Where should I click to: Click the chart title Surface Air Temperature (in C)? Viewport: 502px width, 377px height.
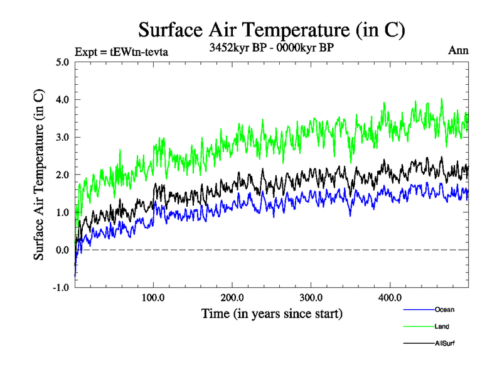(x=272, y=30)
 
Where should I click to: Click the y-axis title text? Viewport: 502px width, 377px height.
(x=39, y=175)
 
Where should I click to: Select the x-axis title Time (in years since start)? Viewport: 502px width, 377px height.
(x=272, y=313)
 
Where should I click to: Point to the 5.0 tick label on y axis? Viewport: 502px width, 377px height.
(x=62, y=62)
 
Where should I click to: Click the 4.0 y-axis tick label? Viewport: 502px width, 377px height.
(x=62, y=99)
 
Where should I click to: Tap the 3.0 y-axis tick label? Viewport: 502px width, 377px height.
(x=62, y=137)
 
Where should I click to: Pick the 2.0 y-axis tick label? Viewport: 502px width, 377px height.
(x=62, y=175)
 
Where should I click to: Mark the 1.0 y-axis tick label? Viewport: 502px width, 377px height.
(x=62, y=212)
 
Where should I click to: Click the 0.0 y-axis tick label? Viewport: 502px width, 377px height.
(x=62, y=250)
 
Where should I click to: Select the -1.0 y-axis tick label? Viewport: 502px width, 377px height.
(x=60, y=288)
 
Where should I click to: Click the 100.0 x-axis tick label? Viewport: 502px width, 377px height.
(x=153, y=297)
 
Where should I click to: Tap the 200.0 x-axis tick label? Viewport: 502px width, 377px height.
(x=232, y=297)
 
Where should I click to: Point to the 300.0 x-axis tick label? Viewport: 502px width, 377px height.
(x=311, y=297)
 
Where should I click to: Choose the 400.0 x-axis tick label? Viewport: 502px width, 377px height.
(x=390, y=297)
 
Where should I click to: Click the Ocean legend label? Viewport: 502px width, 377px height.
(x=444, y=309)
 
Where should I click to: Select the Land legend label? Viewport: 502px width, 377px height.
(x=442, y=326)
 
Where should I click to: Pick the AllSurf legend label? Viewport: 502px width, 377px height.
(x=444, y=343)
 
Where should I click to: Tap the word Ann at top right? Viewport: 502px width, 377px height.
(x=458, y=50)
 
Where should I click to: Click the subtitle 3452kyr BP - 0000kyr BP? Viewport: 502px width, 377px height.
(x=271, y=47)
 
